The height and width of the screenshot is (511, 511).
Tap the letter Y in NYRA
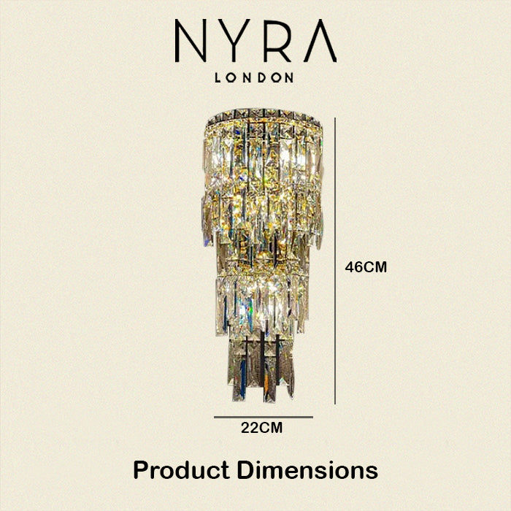click(x=234, y=40)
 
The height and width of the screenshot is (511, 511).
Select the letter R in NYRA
click(x=277, y=40)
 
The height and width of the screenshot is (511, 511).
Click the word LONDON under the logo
click(x=254, y=77)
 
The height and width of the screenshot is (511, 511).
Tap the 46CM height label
click(x=366, y=268)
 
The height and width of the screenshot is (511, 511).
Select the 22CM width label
click(x=261, y=428)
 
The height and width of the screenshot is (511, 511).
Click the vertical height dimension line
click(x=335, y=261)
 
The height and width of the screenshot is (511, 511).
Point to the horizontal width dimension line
click(x=264, y=417)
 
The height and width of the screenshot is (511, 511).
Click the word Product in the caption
click(x=181, y=470)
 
